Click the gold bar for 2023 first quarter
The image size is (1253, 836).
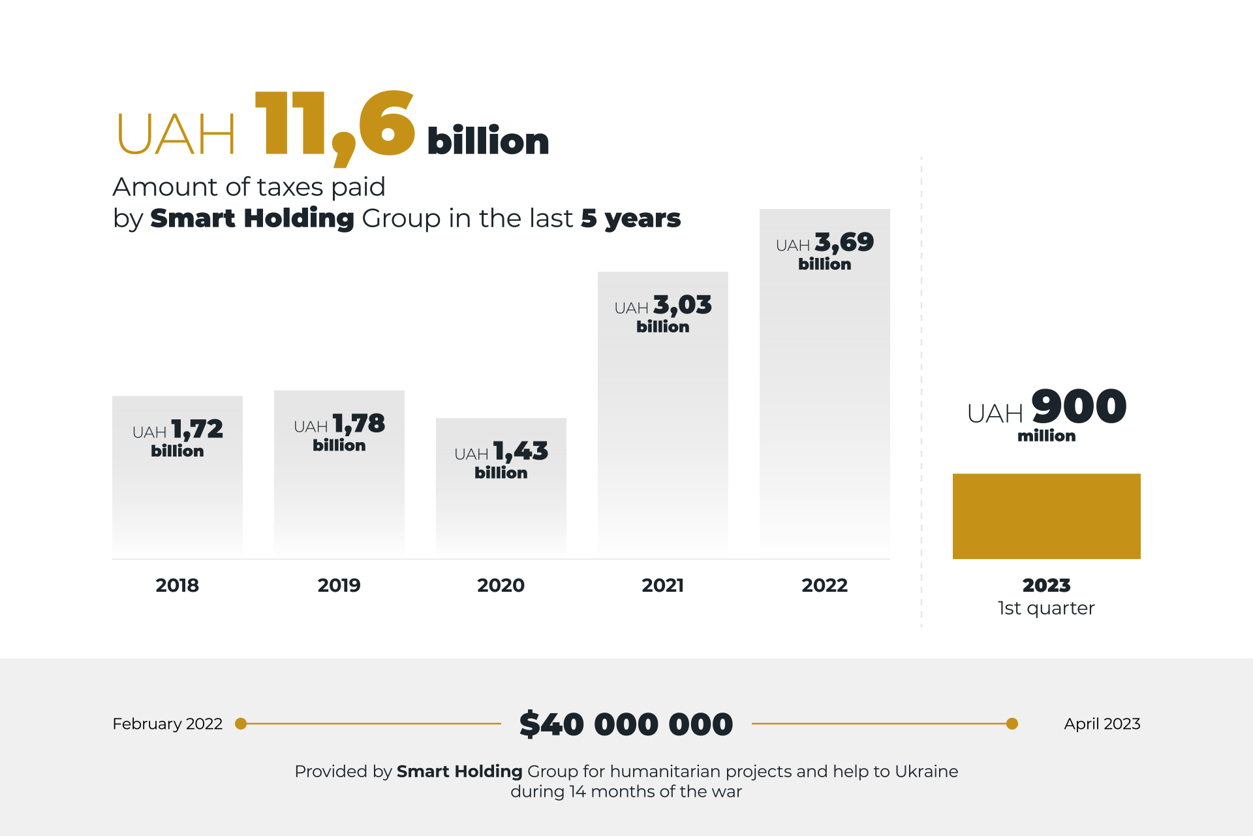1046,516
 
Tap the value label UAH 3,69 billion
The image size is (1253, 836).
824,251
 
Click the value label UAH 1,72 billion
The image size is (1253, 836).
177,438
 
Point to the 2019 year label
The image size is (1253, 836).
339,585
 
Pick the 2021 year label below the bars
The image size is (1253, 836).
662,585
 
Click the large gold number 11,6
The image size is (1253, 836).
334,125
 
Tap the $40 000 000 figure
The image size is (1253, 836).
626,724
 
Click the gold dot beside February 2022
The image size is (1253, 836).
241,724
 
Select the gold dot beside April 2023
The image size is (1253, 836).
1012,724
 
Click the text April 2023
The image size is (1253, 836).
1102,724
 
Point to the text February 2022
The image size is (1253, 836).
167,724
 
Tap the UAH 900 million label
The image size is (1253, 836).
1046,414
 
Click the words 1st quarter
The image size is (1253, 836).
1046,608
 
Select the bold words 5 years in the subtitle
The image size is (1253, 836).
630,218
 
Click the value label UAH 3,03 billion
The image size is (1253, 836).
662,313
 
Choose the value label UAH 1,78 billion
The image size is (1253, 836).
339,432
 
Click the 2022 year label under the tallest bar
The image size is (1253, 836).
824,585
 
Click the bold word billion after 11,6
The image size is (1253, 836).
487,141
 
